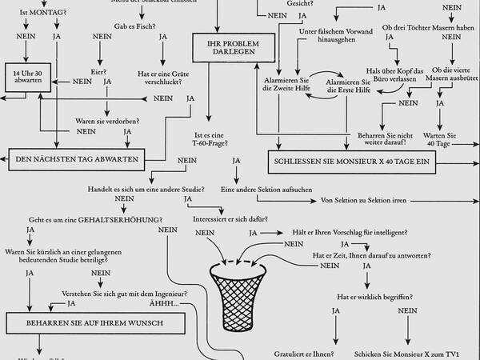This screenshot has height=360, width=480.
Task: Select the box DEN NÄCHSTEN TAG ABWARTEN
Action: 77,159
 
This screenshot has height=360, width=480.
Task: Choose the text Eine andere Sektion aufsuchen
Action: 265,190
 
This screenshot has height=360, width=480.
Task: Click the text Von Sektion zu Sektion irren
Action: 365,200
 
